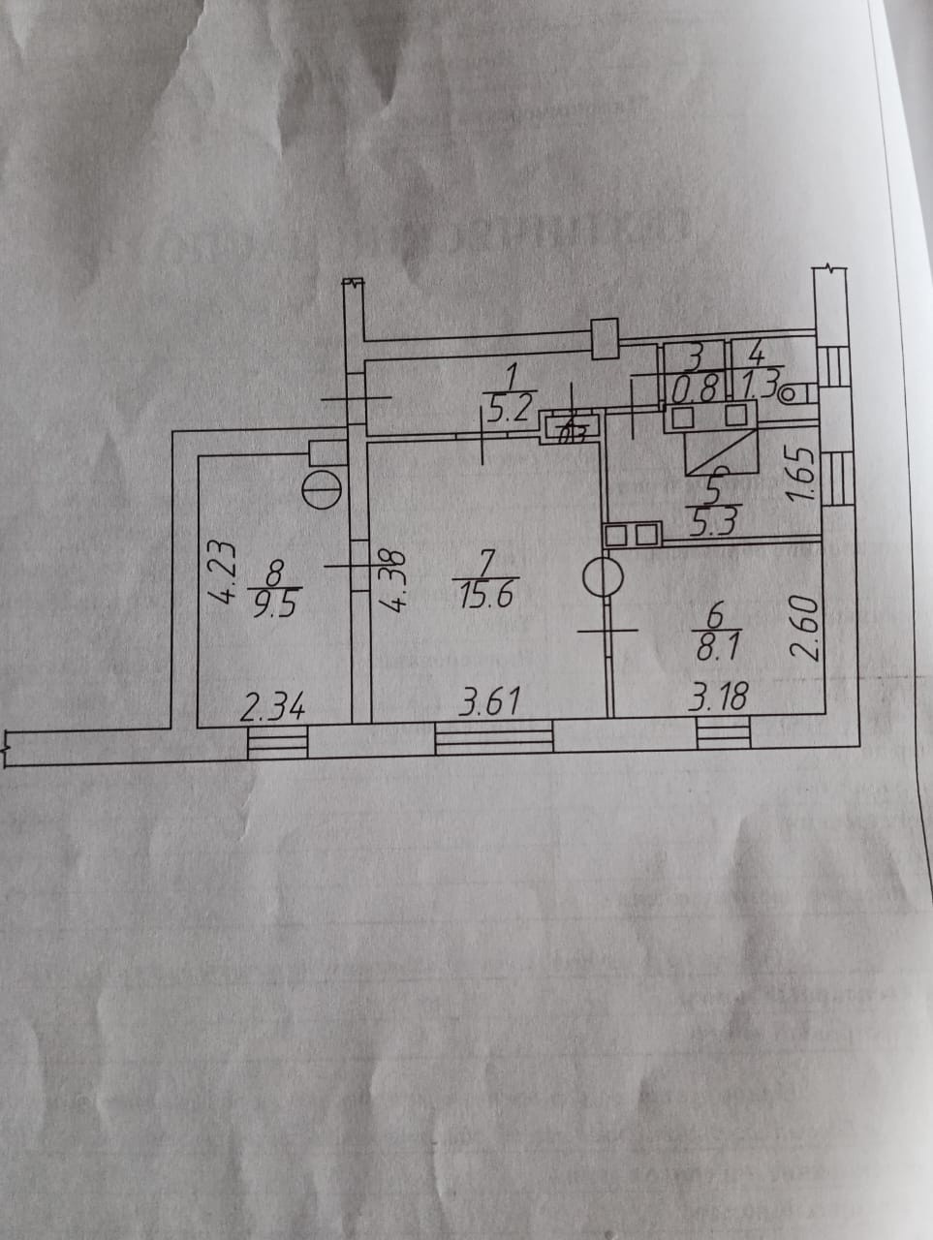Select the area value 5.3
coord(717,521)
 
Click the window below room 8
coord(278,743)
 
